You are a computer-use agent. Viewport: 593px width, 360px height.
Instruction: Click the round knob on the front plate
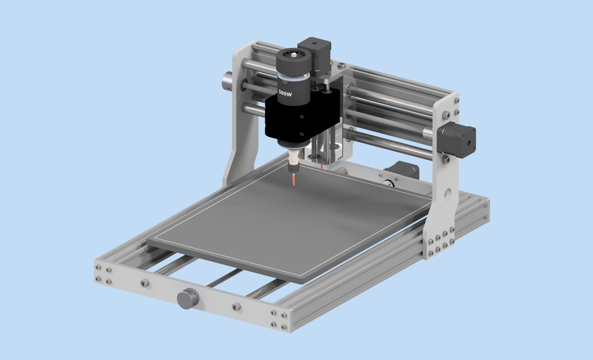[187, 298]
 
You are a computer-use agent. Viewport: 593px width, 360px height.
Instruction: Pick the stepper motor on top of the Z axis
[314, 54]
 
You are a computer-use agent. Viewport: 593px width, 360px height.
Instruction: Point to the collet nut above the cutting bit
[294, 164]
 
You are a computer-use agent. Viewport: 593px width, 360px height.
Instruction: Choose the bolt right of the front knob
[236, 307]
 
